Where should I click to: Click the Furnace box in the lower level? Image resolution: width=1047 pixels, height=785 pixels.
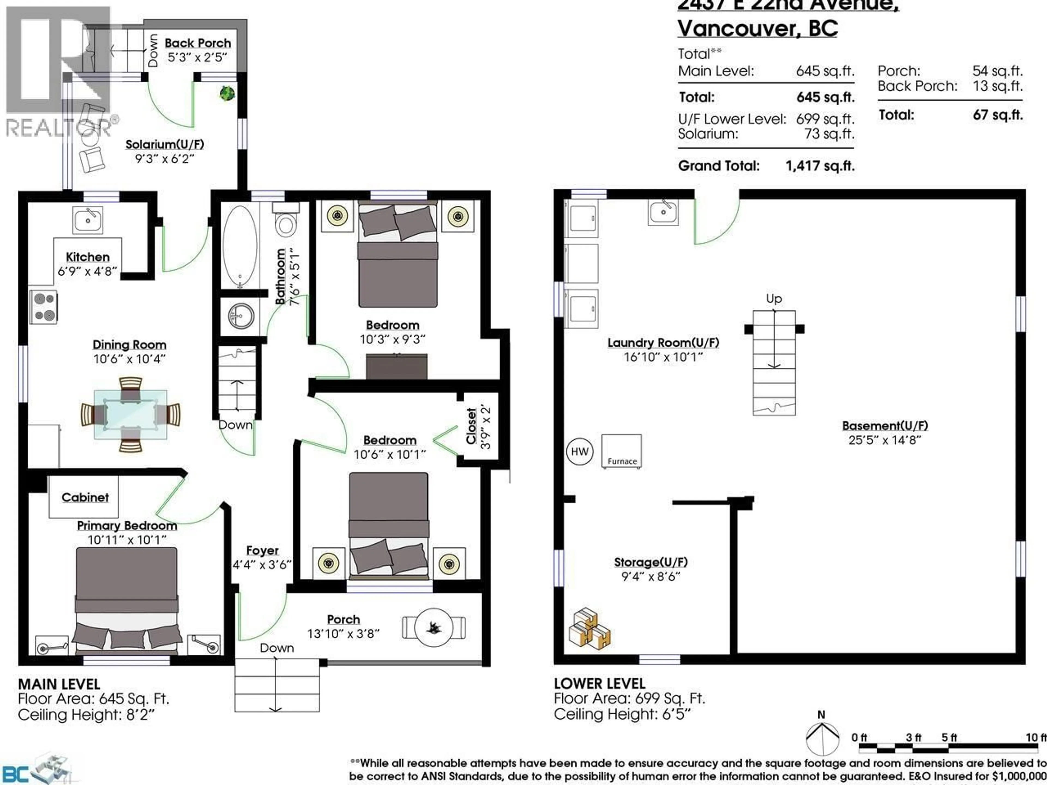(x=621, y=451)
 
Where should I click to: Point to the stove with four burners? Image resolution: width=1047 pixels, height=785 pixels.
(x=44, y=307)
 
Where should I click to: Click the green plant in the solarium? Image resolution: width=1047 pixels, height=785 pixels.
(x=227, y=93)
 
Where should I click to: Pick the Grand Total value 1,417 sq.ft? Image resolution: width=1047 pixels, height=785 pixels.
(x=820, y=166)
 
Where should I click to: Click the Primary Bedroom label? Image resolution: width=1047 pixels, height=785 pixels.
(x=127, y=526)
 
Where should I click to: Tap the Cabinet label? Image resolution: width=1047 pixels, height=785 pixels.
(x=85, y=497)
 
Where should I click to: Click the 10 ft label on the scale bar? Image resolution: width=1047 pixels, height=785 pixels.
(x=1036, y=738)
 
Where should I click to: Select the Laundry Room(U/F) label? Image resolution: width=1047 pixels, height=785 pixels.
(x=663, y=343)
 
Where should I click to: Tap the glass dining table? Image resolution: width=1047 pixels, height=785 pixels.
(x=130, y=415)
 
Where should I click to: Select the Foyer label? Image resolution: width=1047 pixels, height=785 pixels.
(x=262, y=550)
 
